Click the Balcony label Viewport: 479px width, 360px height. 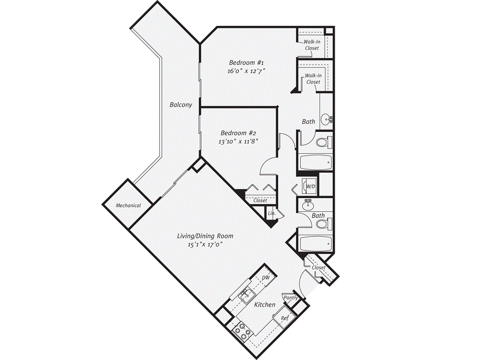click(x=181, y=105)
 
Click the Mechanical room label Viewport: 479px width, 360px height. click(x=128, y=205)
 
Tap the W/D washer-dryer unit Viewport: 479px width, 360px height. click(x=310, y=186)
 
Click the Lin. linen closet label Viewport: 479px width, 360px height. click(x=272, y=213)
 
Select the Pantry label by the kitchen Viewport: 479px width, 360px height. click(x=290, y=298)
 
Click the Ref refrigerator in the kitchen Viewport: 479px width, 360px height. click(x=284, y=318)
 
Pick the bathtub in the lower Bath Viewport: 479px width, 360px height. click(x=316, y=243)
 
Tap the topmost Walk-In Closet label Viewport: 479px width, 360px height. click(x=312, y=45)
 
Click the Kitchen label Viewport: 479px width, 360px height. click(x=264, y=305)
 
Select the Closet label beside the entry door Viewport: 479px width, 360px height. click(x=319, y=268)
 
